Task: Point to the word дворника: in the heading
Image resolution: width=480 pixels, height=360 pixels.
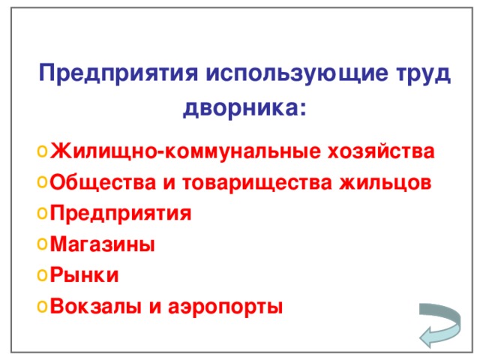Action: [244, 109]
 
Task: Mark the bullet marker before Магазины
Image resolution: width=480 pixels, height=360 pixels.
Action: [41, 244]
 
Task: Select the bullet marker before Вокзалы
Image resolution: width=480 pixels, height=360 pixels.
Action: [41, 306]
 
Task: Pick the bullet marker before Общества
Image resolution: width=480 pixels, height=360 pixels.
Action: [41, 183]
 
